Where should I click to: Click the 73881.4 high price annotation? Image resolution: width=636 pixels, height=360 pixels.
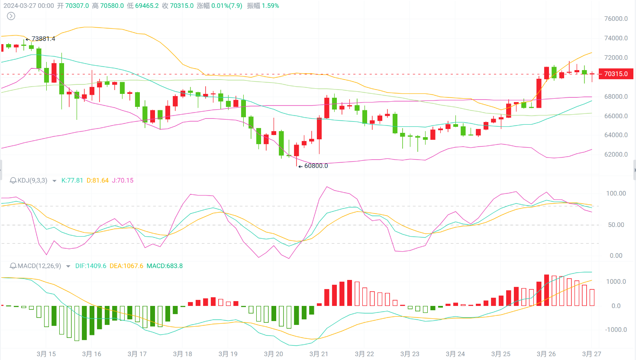point(43,39)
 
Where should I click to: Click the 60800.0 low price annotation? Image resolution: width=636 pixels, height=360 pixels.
point(316,166)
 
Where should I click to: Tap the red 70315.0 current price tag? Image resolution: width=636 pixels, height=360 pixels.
point(616,74)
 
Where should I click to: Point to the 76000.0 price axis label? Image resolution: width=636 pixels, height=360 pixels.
point(616,19)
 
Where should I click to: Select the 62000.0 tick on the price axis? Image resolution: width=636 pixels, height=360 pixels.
point(616,154)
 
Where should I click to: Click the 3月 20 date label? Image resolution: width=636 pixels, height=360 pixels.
point(274,354)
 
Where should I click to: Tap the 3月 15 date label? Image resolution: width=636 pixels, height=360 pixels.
point(46,354)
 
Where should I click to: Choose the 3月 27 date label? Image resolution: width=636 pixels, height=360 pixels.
point(591,354)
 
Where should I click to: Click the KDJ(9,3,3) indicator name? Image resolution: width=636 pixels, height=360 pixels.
point(32,180)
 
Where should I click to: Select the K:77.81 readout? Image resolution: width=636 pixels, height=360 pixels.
point(72,180)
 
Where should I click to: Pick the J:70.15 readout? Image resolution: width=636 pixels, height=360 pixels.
point(123,180)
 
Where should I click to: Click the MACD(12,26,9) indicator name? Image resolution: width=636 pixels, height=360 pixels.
point(39,266)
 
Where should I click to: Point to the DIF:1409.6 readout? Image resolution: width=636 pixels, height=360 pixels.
point(90,266)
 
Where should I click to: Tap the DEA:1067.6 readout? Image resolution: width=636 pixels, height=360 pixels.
point(126,266)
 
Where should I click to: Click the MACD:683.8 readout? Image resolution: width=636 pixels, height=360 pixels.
point(165,266)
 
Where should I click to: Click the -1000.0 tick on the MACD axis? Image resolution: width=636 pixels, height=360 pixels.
point(616,330)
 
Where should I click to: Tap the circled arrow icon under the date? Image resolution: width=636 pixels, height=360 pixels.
point(11,16)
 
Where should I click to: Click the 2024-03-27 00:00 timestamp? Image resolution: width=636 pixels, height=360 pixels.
point(29,6)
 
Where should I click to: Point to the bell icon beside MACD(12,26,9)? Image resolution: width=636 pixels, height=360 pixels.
point(13,266)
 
